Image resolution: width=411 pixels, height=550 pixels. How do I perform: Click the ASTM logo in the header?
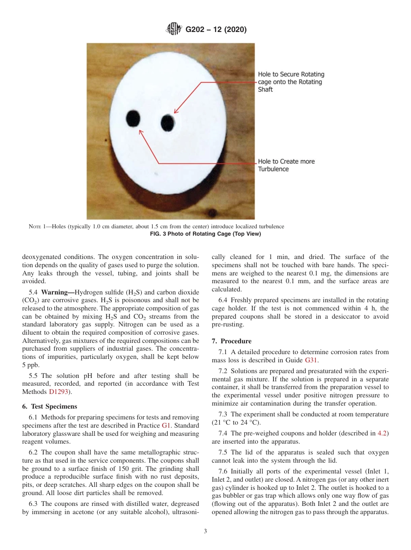tap(174, 30)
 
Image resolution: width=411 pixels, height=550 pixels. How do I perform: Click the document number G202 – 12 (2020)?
tap(216, 30)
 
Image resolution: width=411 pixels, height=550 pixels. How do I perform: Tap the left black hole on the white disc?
tap(133, 118)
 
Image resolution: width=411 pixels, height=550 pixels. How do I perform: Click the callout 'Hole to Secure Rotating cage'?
tap(291, 82)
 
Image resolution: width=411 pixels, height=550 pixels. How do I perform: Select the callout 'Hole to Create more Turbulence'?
tap(286, 165)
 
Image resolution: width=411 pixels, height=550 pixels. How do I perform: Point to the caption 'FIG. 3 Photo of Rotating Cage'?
tap(205, 234)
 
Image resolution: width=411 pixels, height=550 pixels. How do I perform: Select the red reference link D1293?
tap(58, 392)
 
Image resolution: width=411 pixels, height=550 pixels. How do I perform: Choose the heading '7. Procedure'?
tap(231, 341)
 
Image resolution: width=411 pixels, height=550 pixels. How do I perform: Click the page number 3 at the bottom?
tap(205, 531)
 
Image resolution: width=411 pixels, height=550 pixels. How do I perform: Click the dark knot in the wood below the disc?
tap(212, 213)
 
